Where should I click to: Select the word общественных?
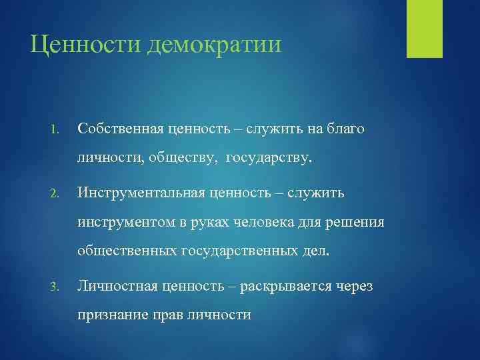tap(127, 253)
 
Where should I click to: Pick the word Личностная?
tap(116, 286)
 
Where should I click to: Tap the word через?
tap(355, 286)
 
